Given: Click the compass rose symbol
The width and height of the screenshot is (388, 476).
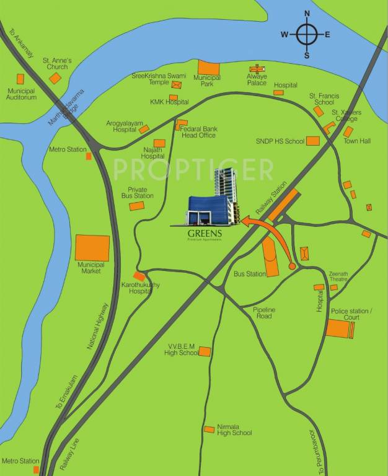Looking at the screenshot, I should click(x=306, y=34).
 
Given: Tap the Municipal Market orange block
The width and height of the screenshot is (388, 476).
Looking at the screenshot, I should click(x=92, y=248).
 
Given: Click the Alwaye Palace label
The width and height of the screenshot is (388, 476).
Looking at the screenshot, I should click(x=257, y=79).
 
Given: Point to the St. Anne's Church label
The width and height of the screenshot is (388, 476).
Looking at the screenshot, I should click(x=57, y=63).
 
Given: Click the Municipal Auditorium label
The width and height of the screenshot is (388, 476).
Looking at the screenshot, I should click(x=22, y=94).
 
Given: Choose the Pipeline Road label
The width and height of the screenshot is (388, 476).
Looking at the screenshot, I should click(x=263, y=312).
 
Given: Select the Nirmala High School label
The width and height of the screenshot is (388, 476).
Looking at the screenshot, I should click(x=234, y=430).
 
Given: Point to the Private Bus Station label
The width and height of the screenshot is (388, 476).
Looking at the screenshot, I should click(x=137, y=192).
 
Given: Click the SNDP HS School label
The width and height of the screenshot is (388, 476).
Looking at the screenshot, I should click(x=280, y=141).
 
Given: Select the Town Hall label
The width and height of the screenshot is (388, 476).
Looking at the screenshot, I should click(x=357, y=141).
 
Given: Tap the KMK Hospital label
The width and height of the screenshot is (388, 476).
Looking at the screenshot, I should click(x=164, y=102).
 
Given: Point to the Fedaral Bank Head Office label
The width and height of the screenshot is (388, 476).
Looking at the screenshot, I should click(x=198, y=132).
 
